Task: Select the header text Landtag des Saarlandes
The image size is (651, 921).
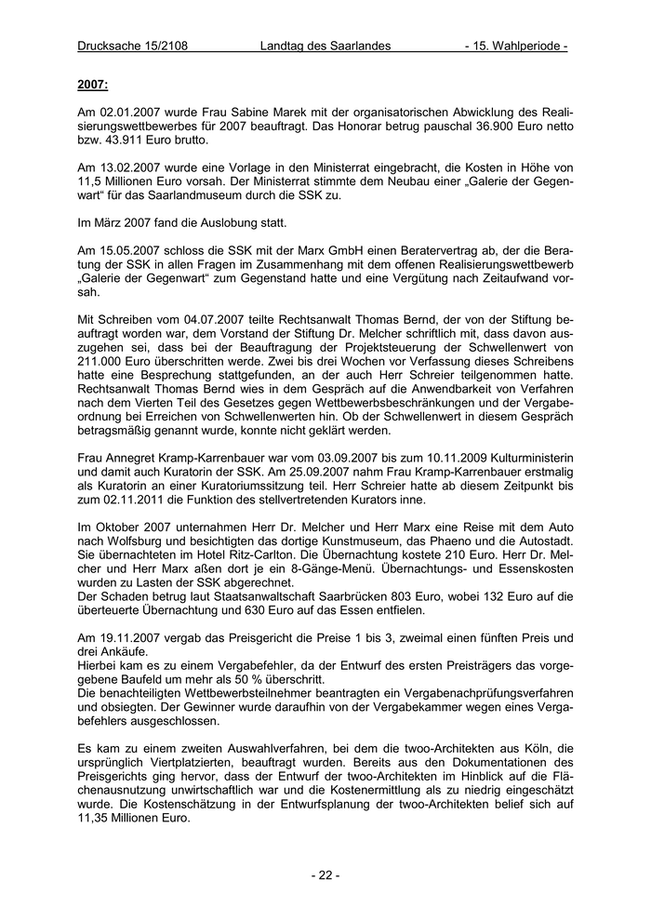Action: tap(325, 46)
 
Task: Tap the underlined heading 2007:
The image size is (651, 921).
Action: tap(93, 86)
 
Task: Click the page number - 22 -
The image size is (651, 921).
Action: tap(325, 874)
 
